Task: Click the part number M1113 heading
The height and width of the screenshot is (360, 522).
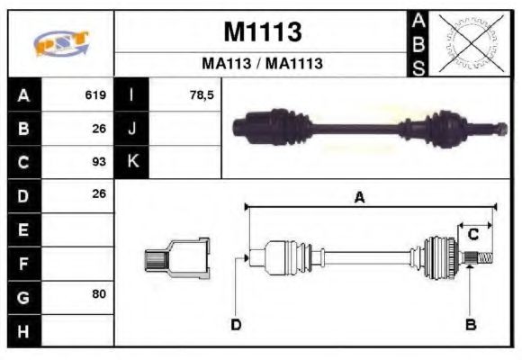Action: (x=262, y=33)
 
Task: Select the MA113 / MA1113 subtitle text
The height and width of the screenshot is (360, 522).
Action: (x=262, y=65)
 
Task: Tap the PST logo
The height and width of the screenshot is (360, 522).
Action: (x=61, y=43)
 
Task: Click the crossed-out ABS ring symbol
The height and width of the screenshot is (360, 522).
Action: (x=469, y=43)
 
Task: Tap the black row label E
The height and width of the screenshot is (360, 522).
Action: (x=23, y=229)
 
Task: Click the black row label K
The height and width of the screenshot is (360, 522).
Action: (x=132, y=162)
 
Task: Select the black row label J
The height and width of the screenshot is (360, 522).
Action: (x=132, y=129)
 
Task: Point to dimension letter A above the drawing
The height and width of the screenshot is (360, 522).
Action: (x=359, y=198)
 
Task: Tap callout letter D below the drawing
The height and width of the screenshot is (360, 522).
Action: (x=236, y=323)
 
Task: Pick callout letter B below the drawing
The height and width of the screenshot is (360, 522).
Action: (x=470, y=323)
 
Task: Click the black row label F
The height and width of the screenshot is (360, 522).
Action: (x=23, y=263)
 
